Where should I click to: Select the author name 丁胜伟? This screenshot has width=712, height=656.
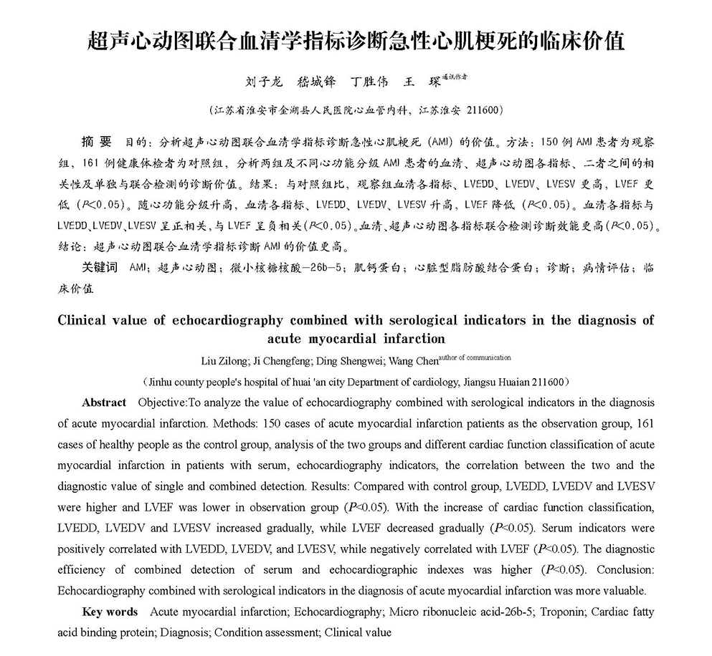pyautogui.click(x=368, y=82)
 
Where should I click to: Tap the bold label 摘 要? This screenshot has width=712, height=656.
pyautogui.click(x=98, y=140)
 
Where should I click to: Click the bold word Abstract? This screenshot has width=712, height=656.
pyautogui.click(x=104, y=402)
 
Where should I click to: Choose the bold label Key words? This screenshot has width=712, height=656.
pyautogui.click(x=110, y=612)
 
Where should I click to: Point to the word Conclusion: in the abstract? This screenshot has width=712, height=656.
pyautogui.click(x=625, y=570)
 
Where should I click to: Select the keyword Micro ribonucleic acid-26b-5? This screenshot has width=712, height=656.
pyautogui.click(x=459, y=612)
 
